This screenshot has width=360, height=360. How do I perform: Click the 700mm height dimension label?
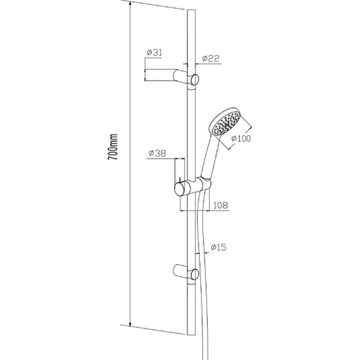click(113, 147)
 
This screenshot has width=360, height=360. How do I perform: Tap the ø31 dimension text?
click(154, 53)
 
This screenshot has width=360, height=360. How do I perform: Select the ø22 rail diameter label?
click(211, 58)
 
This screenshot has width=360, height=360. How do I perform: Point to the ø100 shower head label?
click(241, 139)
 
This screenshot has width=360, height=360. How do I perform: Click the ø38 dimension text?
click(157, 153)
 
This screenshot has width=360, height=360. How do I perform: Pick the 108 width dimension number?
click(220, 205)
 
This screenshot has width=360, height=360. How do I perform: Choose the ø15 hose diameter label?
click(218, 247)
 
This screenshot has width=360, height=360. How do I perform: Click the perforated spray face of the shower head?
click(226, 124)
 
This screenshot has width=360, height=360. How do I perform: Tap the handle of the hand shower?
click(210, 158)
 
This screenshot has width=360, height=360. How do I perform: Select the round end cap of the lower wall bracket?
click(195, 274)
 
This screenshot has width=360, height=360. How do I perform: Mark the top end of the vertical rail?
click(192, 10)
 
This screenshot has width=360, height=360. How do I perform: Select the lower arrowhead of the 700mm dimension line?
click(130, 324)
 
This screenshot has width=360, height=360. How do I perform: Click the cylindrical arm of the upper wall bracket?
click(181, 76)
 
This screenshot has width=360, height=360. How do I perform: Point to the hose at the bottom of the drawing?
click(205, 344)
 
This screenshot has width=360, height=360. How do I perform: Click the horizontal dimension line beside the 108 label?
click(205, 210)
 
